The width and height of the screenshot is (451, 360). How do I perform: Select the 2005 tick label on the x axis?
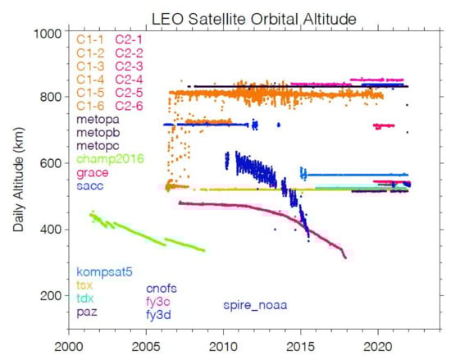point(145,347)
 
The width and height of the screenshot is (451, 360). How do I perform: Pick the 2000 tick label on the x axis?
point(69,347)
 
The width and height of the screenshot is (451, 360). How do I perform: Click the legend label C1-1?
point(91,39)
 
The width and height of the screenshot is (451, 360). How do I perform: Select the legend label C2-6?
point(130,105)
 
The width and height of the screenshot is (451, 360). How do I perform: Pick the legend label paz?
point(88,312)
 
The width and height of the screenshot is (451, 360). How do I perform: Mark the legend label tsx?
point(86,285)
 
